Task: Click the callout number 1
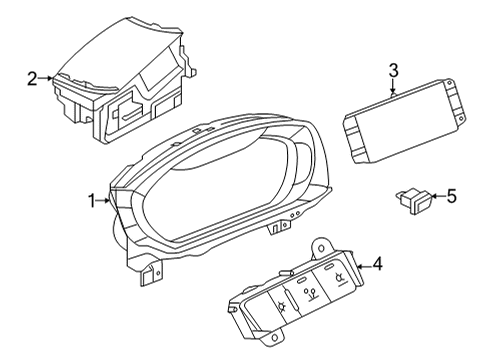pyautogui.click(x=92, y=201)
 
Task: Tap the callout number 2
pyautogui.click(x=32, y=79)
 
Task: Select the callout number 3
pyautogui.click(x=394, y=71)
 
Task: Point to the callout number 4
pyautogui.click(x=378, y=264)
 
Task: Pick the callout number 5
pyautogui.click(x=451, y=196)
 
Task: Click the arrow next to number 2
pyautogui.click(x=45, y=78)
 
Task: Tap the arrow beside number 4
pyautogui.click(x=364, y=266)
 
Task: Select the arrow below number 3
pyautogui.click(x=393, y=86)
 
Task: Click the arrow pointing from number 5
pyautogui.click(x=438, y=196)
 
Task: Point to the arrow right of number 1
pyautogui.click(x=103, y=200)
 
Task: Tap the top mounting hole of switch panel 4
pyautogui.click(x=321, y=248)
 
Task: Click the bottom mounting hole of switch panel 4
pyautogui.click(x=274, y=338)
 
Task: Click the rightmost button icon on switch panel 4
pyautogui.click(x=339, y=278)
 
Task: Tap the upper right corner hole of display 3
pyautogui.click(x=449, y=81)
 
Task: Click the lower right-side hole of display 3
pyautogui.click(x=461, y=118)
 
